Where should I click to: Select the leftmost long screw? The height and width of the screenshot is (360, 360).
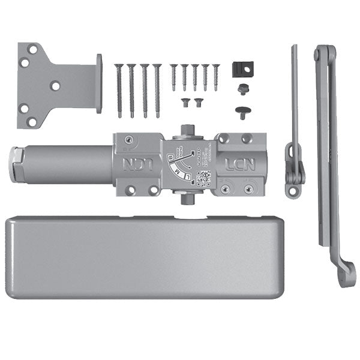coord(119,90)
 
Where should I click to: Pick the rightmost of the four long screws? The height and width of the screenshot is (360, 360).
coord(157,90)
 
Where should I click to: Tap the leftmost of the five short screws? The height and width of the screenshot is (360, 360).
coord(173,77)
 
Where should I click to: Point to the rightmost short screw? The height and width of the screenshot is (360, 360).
coord(216,77)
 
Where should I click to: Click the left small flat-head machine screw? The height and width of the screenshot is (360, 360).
coord(185,101)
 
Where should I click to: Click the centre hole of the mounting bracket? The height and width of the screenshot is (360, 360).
coord(55,86)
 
